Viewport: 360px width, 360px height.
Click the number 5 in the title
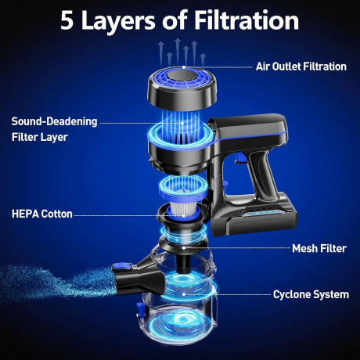67,21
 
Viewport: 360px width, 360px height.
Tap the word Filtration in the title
247,20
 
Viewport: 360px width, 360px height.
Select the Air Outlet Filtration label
301,67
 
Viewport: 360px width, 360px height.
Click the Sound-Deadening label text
54,121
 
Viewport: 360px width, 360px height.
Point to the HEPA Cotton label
42,214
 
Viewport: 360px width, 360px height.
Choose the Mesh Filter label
319,248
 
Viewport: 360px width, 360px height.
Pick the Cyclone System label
311,294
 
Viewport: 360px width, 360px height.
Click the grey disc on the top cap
182,76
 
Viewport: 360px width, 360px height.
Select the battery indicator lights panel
262,213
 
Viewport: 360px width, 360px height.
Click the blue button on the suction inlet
122,266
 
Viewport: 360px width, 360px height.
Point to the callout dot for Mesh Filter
184,248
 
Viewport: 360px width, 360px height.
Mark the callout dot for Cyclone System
184,294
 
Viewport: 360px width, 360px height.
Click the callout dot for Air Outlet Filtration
184,67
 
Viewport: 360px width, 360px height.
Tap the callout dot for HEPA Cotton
184,216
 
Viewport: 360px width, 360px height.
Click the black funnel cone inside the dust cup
185,264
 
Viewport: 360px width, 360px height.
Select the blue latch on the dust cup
140,310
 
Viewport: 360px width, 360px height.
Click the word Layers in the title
119,21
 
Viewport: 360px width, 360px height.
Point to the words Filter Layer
40,137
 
